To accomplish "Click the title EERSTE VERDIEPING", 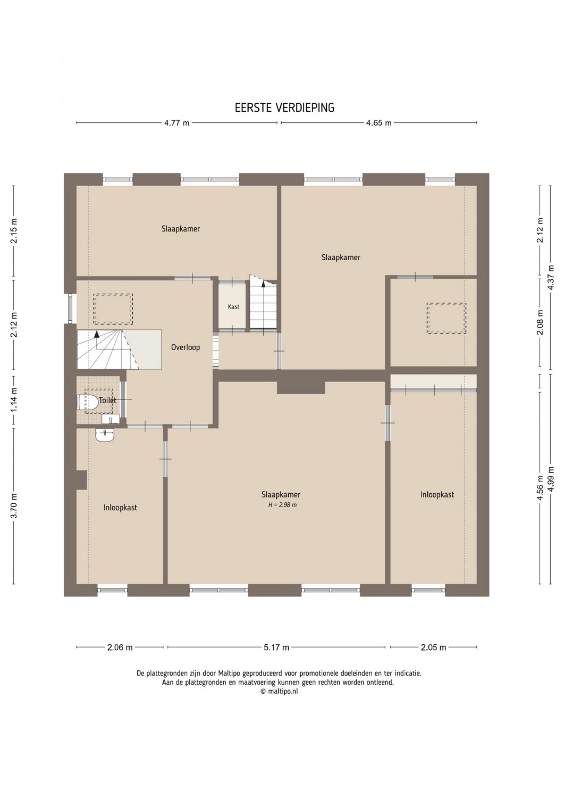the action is [x=284, y=108].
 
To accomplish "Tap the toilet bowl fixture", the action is [x=88, y=402].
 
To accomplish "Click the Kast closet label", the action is [x=233, y=307].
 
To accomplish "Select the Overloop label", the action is [x=186, y=347].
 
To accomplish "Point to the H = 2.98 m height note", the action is [x=282, y=505].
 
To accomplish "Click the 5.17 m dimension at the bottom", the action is [x=276, y=647].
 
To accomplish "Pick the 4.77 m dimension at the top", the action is [x=176, y=123].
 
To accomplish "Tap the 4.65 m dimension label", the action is [x=379, y=123].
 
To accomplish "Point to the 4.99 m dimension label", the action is [x=552, y=479].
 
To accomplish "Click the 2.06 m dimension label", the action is [x=120, y=647].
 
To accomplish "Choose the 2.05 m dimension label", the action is [x=433, y=647].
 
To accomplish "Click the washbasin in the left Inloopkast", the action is [x=105, y=434].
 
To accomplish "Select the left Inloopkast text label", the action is [x=120, y=508].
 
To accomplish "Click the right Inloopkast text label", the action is [x=437, y=494].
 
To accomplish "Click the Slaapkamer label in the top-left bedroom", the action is [x=181, y=229].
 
